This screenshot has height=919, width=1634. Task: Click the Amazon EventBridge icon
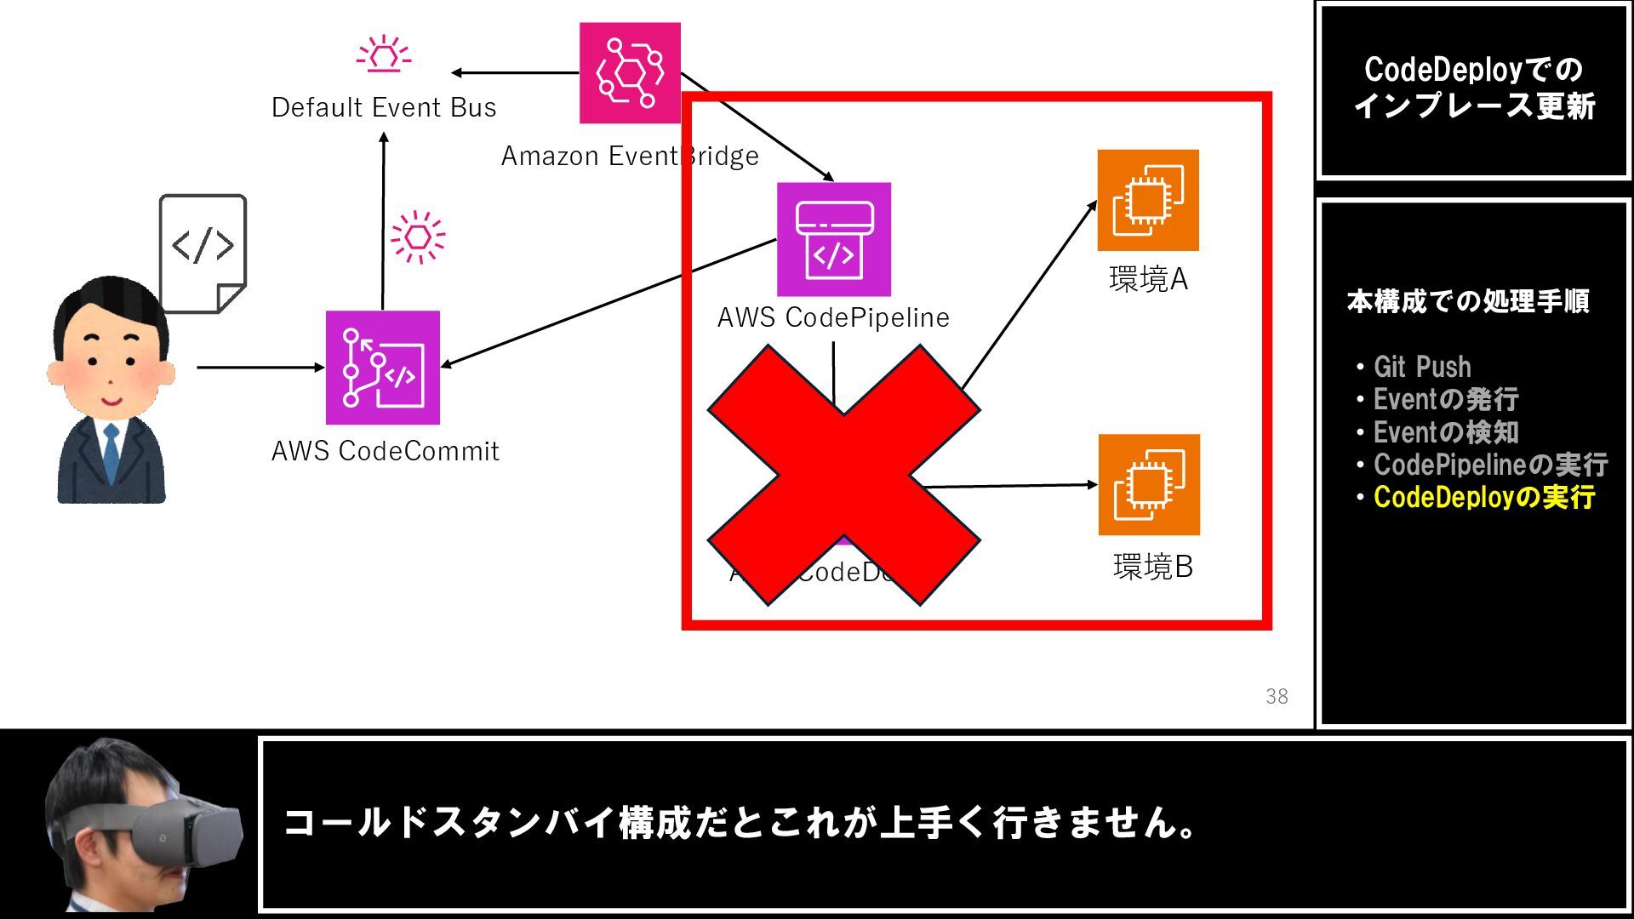coord(630,73)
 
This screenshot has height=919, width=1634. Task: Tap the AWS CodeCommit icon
coord(383,368)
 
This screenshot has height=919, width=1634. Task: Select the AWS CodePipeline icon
coord(834,239)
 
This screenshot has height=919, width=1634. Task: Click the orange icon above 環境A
coord(1148,201)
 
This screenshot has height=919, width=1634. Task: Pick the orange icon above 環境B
coord(1149,485)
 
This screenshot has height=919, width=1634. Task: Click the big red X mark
coord(843,475)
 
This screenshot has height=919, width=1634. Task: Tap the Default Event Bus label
coord(384,108)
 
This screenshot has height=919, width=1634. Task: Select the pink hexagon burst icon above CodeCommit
coord(418,237)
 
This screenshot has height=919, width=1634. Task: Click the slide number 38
coord(1277,697)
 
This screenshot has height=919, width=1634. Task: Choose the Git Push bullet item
coord(1421,367)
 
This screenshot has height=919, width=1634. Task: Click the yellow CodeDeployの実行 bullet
coord(1483,497)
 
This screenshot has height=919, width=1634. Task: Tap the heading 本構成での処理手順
coord(1468,301)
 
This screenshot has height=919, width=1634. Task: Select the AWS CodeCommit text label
coord(385,451)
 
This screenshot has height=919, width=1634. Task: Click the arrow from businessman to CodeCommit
coord(260,368)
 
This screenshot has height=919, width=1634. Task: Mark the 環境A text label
coord(1148,279)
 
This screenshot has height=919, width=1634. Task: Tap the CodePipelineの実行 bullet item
coord(1489,465)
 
